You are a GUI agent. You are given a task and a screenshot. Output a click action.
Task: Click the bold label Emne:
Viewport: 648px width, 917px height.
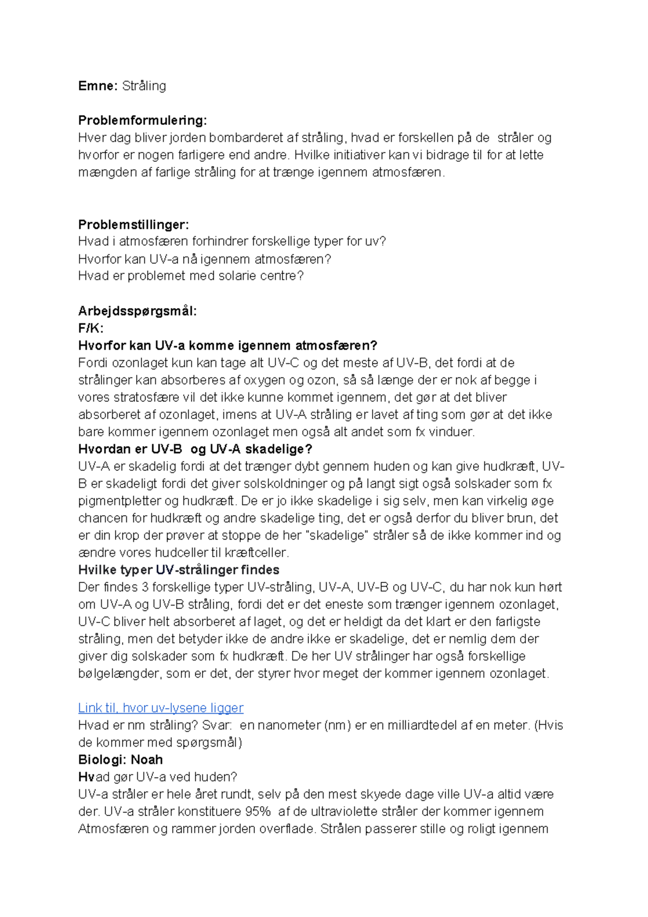tap(97, 86)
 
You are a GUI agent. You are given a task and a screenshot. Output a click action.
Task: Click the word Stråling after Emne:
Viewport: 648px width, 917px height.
tap(144, 86)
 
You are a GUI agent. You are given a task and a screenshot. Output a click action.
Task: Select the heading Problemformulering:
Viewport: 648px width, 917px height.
tap(143, 120)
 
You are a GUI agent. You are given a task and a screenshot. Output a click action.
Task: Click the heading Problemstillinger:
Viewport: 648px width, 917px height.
tap(133, 224)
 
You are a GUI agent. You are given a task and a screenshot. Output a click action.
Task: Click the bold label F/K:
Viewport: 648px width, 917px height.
tap(91, 328)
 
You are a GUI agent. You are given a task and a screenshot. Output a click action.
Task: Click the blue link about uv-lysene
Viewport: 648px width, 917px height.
tap(161, 708)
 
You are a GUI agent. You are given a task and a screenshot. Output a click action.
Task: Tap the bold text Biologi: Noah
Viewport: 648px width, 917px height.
tap(120, 760)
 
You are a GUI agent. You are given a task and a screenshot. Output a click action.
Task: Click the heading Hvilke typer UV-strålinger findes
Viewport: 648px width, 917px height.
tap(179, 570)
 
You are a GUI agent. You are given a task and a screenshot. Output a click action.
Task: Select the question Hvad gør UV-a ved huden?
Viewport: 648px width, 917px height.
tap(158, 777)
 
